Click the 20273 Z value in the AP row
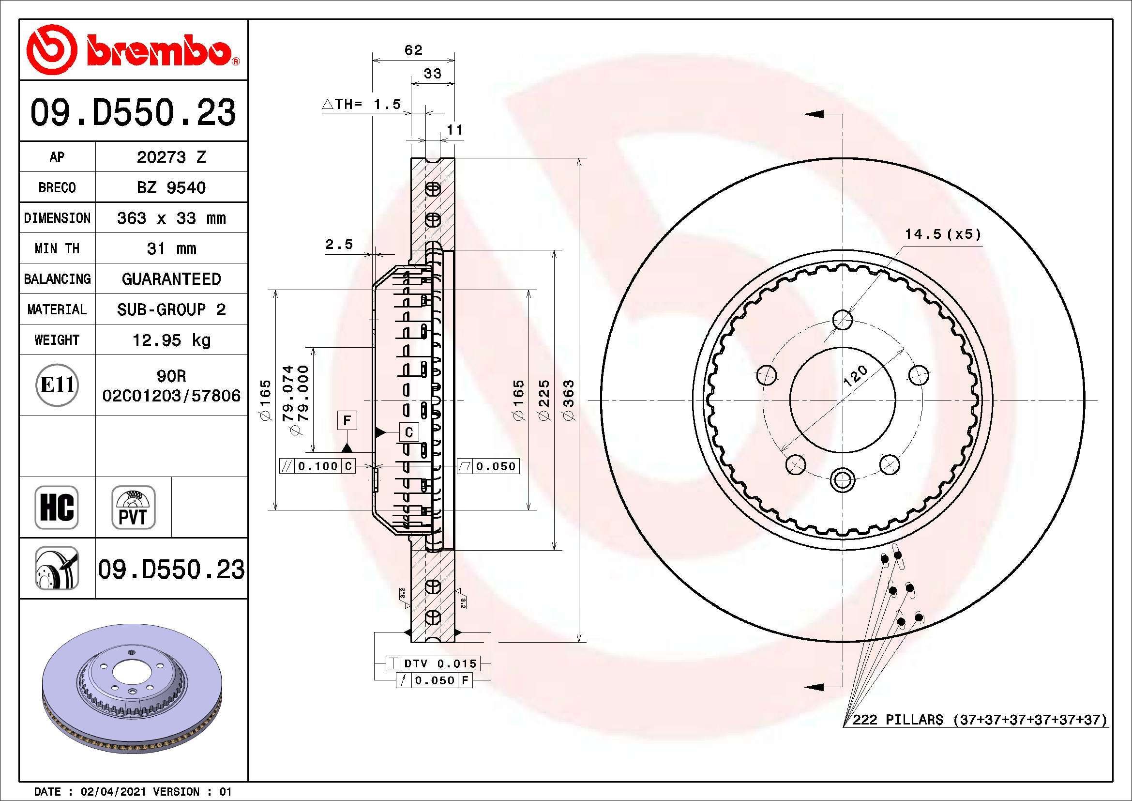(x=171, y=157)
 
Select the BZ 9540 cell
(x=171, y=187)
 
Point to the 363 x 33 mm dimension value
(x=171, y=218)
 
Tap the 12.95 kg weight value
(x=171, y=340)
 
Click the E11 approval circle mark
(x=57, y=385)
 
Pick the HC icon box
(x=57, y=507)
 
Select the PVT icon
(x=133, y=507)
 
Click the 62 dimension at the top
(x=413, y=50)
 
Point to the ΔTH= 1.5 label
(x=362, y=105)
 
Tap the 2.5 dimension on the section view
(x=339, y=244)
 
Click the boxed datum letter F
(x=347, y=421)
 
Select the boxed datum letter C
(x=409, y=432)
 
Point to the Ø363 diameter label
(x=569, y=400)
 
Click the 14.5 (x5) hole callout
(x=942, y=234)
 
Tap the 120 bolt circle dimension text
(x=855, y=376)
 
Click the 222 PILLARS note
(x=979, y=720)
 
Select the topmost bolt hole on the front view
(x=843, y=320)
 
